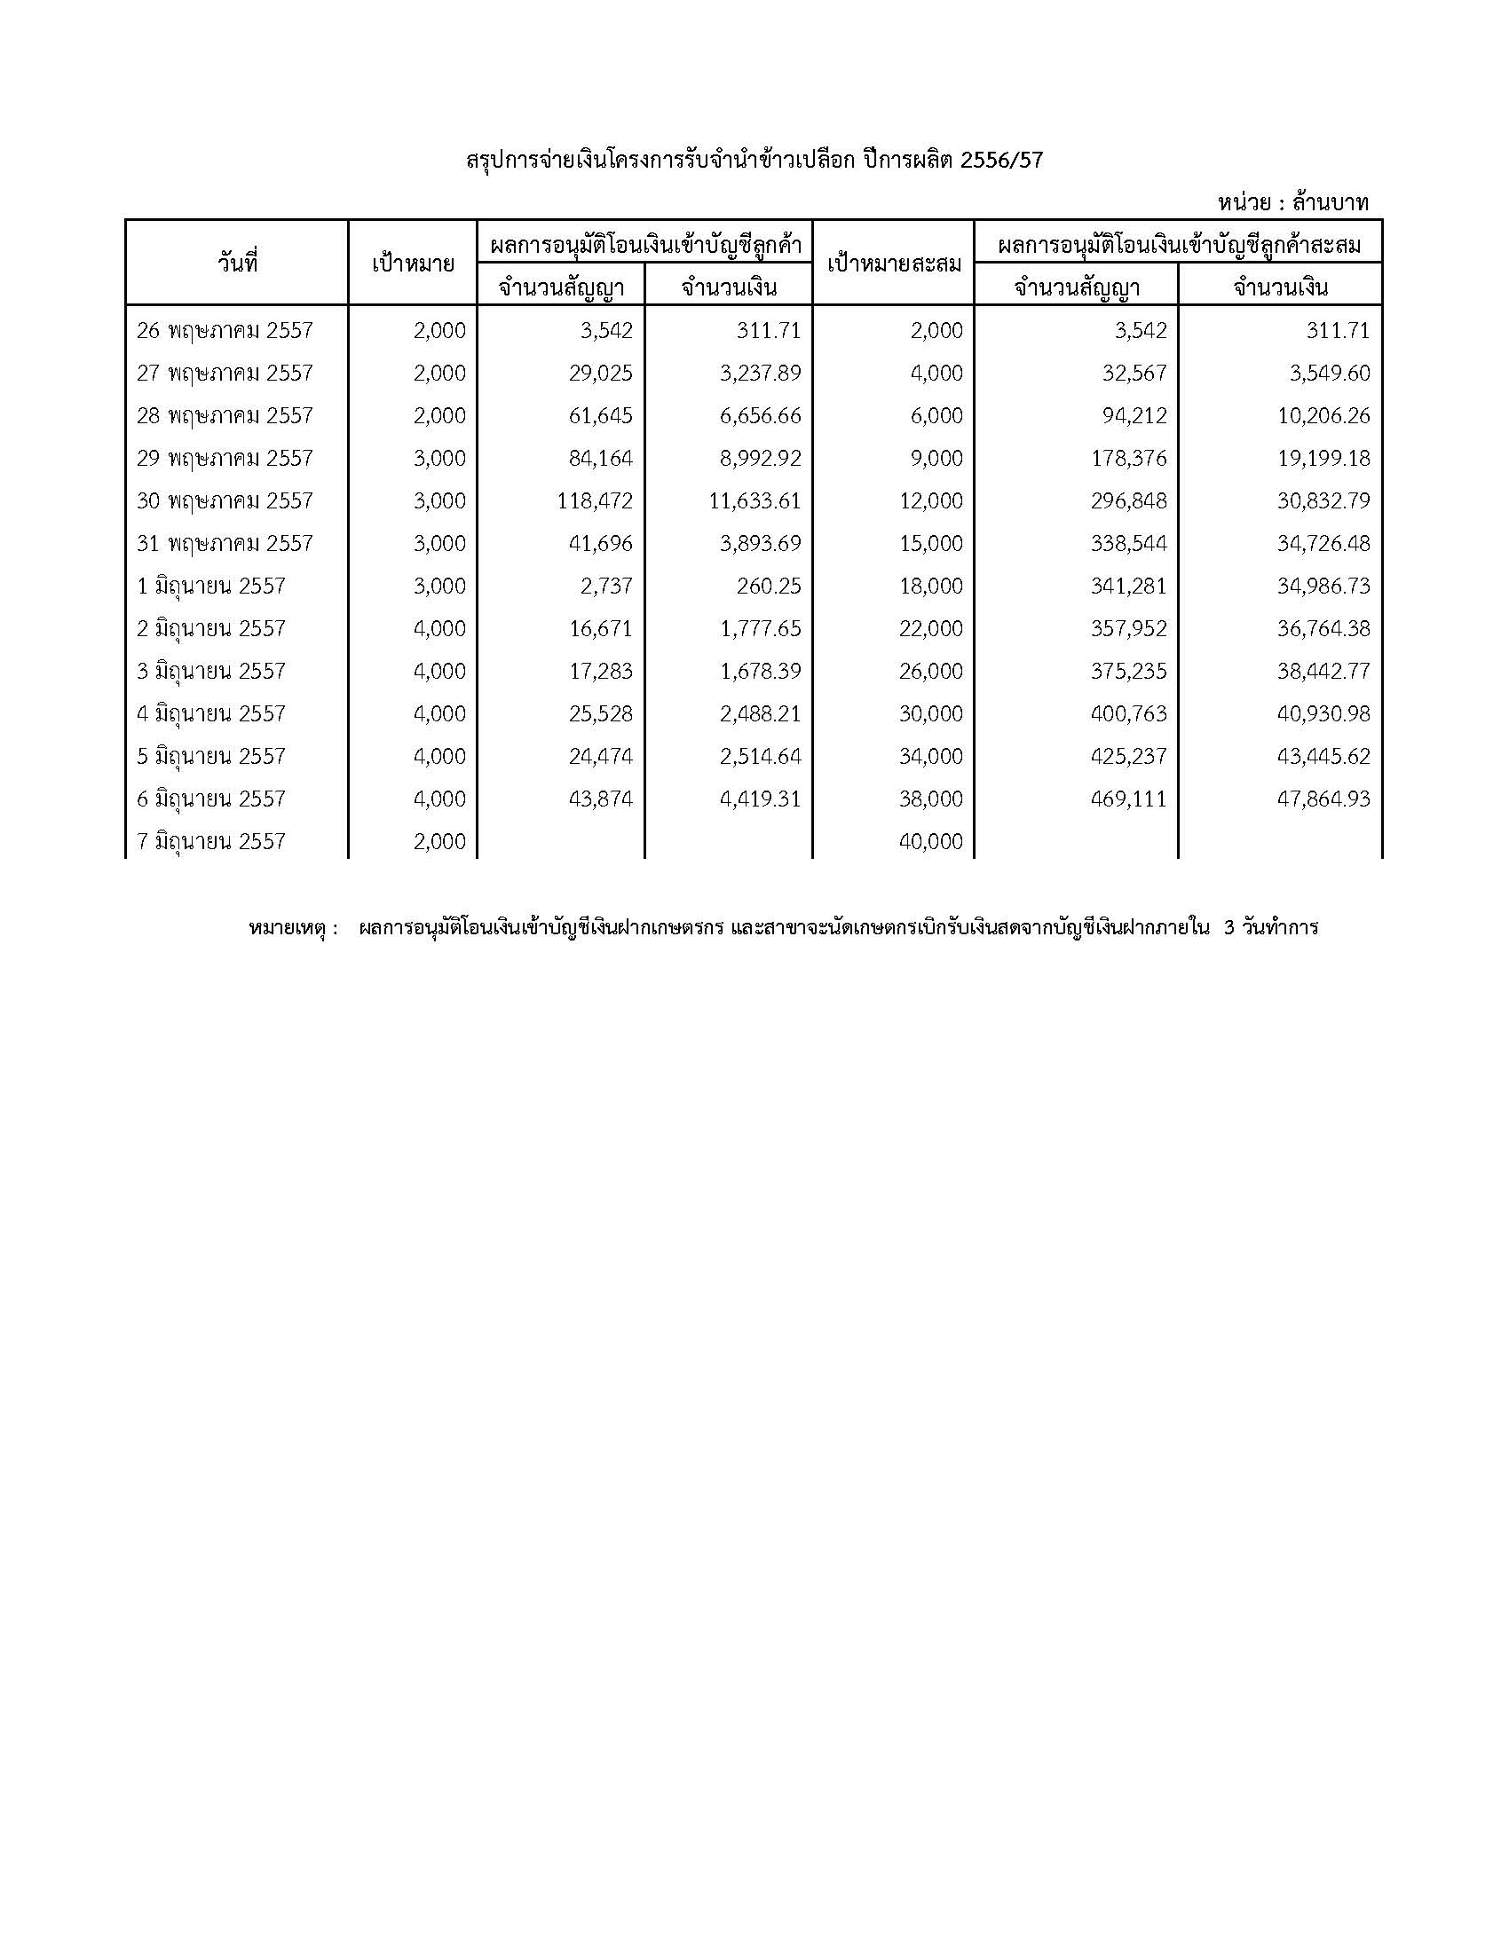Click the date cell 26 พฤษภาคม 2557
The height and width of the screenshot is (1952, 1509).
click(x=225, y=331)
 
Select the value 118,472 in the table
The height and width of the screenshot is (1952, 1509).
click(x=594, y=500)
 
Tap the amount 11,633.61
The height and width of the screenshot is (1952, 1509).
click(x=755, y=500)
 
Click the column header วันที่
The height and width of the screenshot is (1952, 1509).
click(x=237, y=263)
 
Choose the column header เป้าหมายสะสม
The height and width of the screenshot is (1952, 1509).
click(x=893, y=264)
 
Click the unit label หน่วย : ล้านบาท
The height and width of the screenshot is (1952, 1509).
click(x=1292, y=203)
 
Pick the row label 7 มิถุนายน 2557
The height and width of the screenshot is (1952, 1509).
click(x=211, y=841)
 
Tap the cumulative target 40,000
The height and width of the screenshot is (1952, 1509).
click(x=931, y=841)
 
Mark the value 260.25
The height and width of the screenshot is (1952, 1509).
click(x=771, y=586)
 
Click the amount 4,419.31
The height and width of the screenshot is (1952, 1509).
click(x=761, y=799)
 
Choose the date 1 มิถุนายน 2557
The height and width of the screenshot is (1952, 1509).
click(x=211, y=586)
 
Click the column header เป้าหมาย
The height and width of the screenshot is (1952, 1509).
click(x=413, y=264)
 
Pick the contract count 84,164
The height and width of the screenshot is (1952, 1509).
click(x=600, y=459)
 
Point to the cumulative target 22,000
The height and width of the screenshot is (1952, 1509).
click(x=931, y=628)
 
